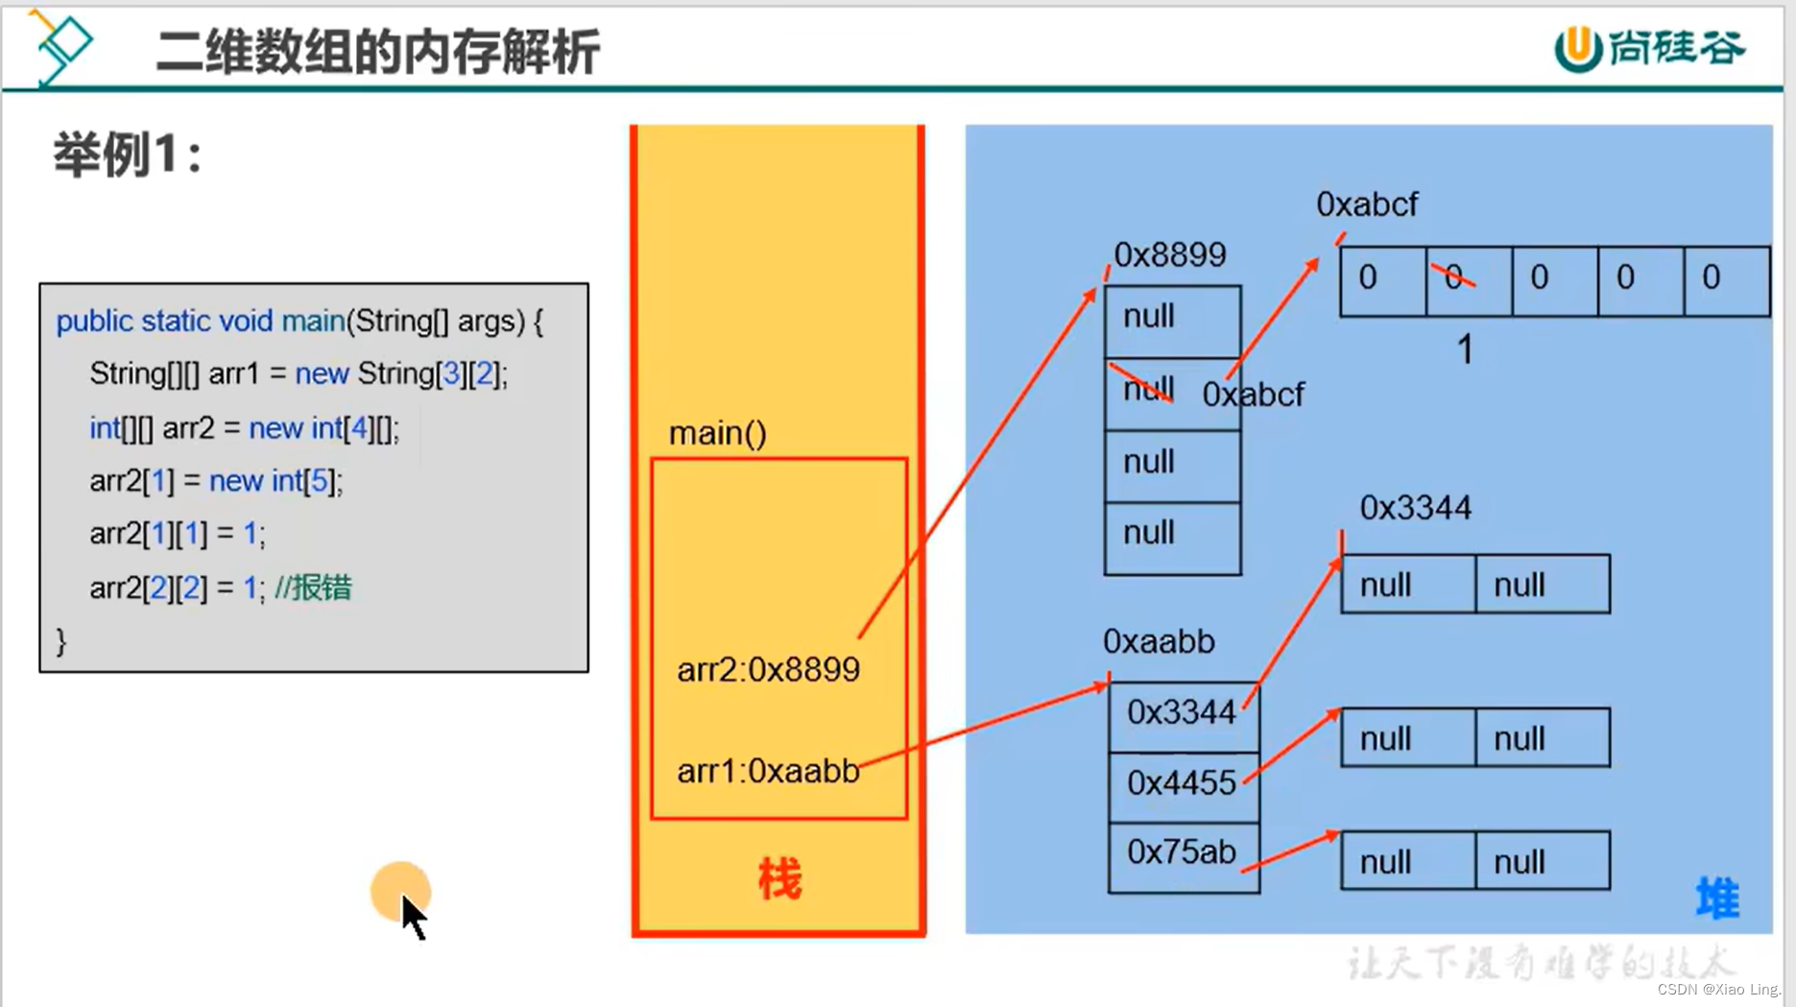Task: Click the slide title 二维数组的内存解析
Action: [377, 52]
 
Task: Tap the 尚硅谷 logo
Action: [1649, 48]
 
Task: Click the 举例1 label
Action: [127, 155]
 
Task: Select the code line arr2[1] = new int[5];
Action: [216, 481]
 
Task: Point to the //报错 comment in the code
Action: [313, 587]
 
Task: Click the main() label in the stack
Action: [717, 434]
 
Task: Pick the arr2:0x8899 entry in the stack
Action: [768, 670]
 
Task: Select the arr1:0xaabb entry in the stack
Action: [768, 771]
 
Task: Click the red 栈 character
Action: [778, 879]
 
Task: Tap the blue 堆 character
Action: [1716, 899]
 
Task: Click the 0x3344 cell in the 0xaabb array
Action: [1182, 713]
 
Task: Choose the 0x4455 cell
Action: [1182, 784]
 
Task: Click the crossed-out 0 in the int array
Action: [1454, 277]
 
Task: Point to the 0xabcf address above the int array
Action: [1366, 204]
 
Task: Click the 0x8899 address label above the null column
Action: [1169, 255]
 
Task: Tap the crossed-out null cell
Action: [1149, 390]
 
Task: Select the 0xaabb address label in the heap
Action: [1159, 641]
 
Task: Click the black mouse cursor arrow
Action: [414, 917]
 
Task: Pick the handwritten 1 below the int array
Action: [1465, 349]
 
